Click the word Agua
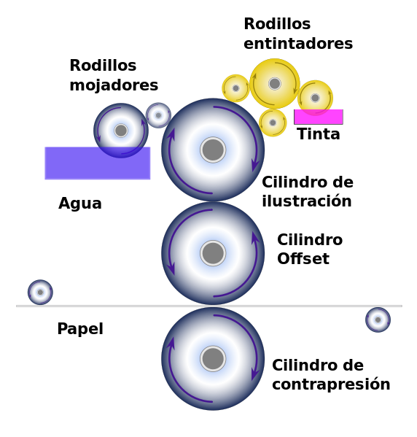coord(80,204)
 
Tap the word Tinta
coord(319,134)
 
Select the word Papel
coord(80,329)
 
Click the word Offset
coord(303,258)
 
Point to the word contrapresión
coord(331,384)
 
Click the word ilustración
coord(307,201)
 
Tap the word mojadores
coord(114,85)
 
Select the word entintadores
coord(298,44)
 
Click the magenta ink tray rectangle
coord(319,117)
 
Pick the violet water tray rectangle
coord(98,163)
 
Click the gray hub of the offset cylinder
coord(213,253)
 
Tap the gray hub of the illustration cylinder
coord(213,150)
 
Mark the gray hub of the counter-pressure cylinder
coord(213,359)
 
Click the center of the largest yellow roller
coord(275,83)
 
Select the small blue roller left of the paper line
coord(40,292)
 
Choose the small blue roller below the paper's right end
coord(378,320)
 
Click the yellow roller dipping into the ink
coord(316,98)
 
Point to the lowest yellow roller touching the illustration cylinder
coord(273,123)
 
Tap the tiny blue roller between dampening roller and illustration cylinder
coord(158,115)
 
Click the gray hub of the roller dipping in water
coord(121,131)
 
